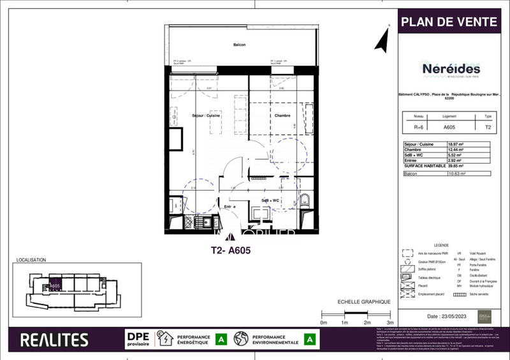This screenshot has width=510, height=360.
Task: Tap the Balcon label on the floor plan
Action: (240, 45)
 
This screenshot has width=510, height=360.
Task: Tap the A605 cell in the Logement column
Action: (449, 127)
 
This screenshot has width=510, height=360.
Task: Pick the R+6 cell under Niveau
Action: (418, 127)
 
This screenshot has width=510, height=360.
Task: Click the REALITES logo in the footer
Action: (54, 340)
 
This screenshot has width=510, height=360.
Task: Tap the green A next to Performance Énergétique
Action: (221, 339)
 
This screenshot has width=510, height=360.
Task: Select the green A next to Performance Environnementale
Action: (310, 339)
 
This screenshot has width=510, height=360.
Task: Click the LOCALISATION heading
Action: (29, 261)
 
